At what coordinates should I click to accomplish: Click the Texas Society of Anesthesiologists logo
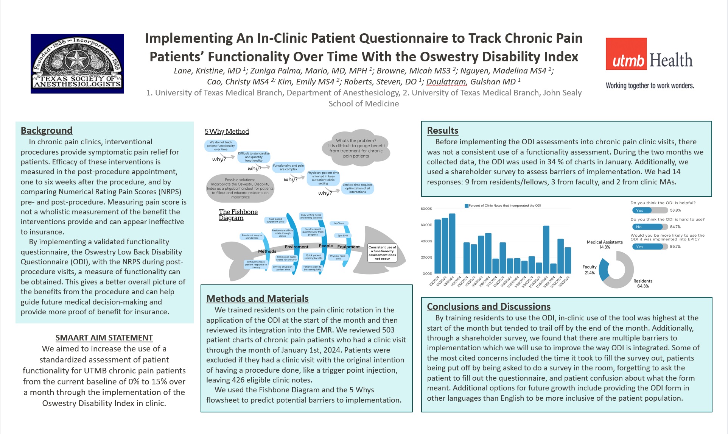77,63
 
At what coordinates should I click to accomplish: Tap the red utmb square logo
626,54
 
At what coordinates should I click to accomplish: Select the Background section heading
46,130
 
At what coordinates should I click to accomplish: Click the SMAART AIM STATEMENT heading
104,337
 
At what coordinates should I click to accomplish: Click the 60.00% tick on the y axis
426,225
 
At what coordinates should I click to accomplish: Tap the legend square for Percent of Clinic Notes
467,206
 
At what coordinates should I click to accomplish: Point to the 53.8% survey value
675,210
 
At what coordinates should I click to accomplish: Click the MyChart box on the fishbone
339,223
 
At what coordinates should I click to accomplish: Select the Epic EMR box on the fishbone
342,236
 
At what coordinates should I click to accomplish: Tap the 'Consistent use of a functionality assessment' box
382,253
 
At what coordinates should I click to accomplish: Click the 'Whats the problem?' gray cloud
356,148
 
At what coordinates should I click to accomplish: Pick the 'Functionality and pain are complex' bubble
288,167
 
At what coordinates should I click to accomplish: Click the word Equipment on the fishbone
348,247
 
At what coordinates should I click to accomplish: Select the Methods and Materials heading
257,298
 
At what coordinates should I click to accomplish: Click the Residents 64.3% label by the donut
642,283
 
